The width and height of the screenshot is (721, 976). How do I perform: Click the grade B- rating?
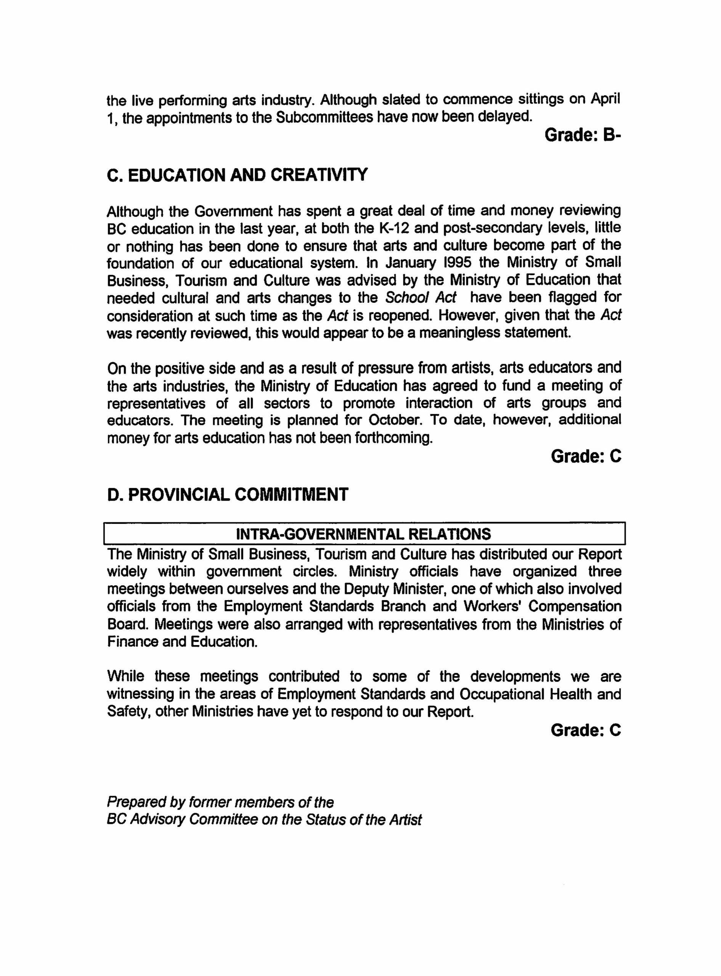pos(583,135)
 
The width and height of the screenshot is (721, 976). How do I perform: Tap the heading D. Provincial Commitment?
pos(227,495)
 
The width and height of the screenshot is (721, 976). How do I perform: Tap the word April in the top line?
pos(605,100)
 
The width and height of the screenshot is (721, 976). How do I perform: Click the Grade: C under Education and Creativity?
pos(586,456)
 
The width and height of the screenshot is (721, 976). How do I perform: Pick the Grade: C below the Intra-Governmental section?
pos(586,730)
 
